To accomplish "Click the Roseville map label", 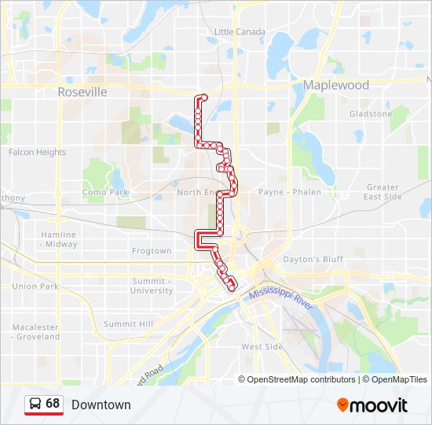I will (x=82, y=92).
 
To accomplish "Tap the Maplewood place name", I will (x=336, y=85).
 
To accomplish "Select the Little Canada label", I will (x=240, y=31).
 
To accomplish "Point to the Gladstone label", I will (x=371, y=114).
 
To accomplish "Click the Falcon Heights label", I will (x=37, y=153).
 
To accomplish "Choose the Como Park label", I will (x=104, y=192).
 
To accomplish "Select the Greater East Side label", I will (x=383, y=192).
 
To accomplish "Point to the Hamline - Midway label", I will (x=59, y=239).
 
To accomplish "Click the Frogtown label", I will (x=152, y=251).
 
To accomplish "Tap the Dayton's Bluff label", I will (x=313, y=259).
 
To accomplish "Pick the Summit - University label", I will (x=152, y=286).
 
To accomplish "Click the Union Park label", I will (x=35, y=286).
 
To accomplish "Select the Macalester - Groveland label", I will (x=35, y=331).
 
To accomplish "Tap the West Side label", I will (x=262, y=346).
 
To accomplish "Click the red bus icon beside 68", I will (x=35, y=405).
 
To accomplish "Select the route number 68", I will (x=53, y=404).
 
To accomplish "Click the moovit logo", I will (x=372, y=405).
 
